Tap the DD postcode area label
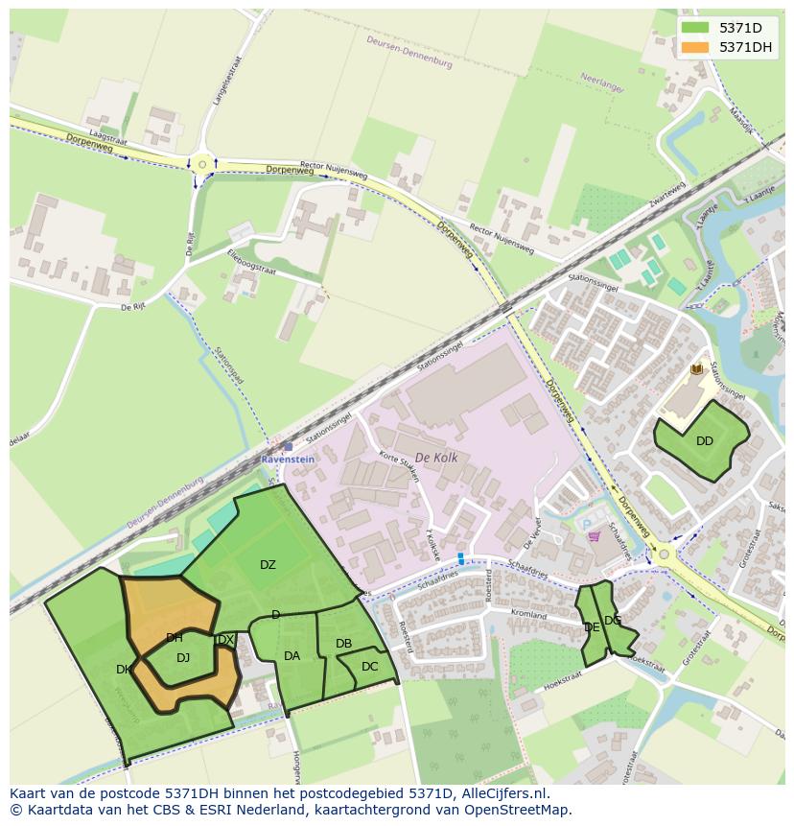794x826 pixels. click(x=705, y=441)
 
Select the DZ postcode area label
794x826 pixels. click(x=268, y=565)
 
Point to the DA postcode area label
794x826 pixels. click(x=292, y=656)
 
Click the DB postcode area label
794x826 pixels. click(x=343, y=644)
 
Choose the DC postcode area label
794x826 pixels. click(x=369, y=667)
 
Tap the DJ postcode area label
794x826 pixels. click(x=183, y=657)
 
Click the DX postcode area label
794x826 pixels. click(x=226, y=640)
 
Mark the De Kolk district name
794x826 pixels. click(x=436, y=459)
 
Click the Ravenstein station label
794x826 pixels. click(x=288, y=460)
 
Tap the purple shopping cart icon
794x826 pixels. click(x=594, y=536)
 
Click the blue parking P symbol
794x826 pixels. click(x=587, y=523)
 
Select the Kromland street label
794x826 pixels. click(x=528, y=614)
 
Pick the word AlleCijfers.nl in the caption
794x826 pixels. click(x=501, y=793)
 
